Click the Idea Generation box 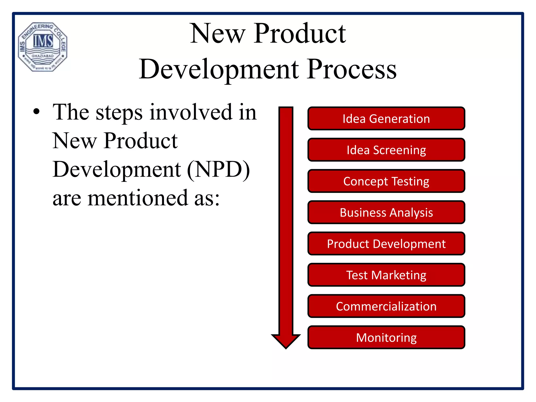tap(386, 119)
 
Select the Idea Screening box tap(386, 150)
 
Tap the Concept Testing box tap(386, 181)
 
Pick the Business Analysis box tap(386, 212)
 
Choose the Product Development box tap(386, 244)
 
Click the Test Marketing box tap(386, 275)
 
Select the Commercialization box tap(386, 306)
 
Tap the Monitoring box tap(386, 337)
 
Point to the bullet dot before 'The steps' tap(36, 112)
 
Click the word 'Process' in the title tap(352, 69)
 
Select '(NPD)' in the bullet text tap(219, 169)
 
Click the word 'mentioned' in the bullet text tap(138, 198)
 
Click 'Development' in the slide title tap(219, 69)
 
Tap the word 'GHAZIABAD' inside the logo tap(43, 56)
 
